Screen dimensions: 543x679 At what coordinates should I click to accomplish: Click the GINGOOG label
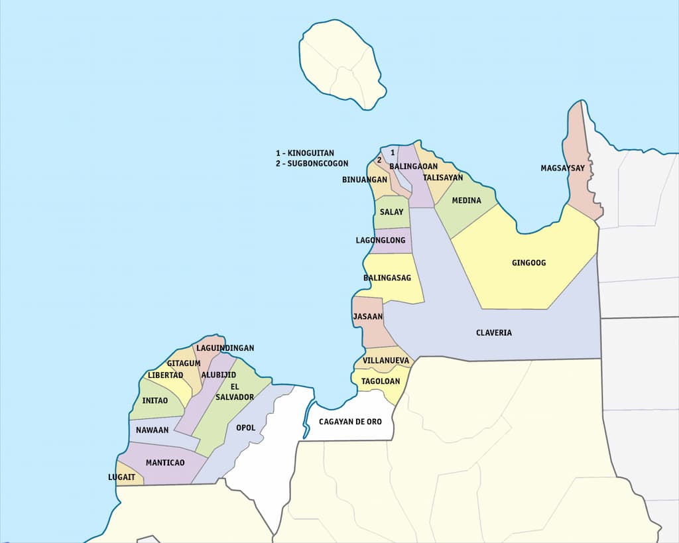point(528,263)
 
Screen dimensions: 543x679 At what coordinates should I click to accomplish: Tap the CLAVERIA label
point(494,333)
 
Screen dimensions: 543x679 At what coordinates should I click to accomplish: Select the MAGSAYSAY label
point(562,168)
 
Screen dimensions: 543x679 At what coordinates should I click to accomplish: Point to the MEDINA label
point(466,200)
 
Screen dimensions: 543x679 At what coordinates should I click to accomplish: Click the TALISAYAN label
point(443,178)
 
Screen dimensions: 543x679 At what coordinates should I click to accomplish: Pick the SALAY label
point(391,212)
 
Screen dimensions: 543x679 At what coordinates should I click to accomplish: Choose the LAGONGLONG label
point(383,241)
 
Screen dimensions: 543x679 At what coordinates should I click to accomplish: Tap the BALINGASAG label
point(387,278)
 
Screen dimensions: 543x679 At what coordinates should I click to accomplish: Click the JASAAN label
point(368,317)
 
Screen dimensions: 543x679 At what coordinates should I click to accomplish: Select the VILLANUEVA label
point(386,361)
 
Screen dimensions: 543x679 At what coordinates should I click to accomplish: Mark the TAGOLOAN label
point(380,381)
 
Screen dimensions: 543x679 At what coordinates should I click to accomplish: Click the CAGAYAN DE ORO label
point(350,422)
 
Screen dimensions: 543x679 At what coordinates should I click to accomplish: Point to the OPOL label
point(245,428)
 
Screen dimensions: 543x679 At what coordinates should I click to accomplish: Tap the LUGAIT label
point(121,477)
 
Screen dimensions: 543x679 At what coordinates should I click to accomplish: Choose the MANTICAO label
point(165,463)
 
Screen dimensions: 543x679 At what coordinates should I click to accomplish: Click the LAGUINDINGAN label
point(225,348)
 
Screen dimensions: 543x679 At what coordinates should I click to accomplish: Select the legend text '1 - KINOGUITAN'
point(305,153)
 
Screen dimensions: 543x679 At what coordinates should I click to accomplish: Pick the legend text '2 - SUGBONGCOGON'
point(312,164)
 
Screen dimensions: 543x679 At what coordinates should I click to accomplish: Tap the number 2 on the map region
point(379,160)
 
